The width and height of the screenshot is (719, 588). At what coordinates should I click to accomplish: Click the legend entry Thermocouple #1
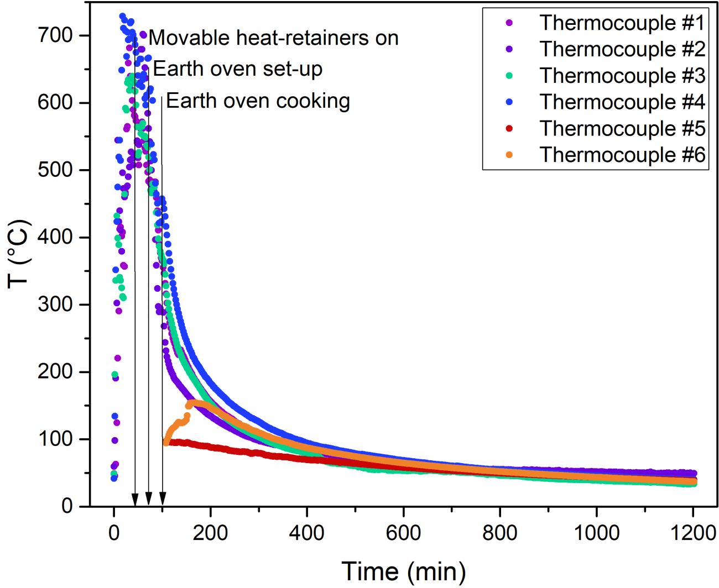coord(622,23)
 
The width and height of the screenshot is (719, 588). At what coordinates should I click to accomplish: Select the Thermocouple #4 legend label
coord(622,102)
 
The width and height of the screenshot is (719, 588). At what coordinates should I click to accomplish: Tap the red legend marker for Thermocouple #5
coord(509,129)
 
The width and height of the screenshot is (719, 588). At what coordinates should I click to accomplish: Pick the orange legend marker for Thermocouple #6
coord(509,155)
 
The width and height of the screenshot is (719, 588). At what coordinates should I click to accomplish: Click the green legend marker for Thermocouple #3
coord(509,76)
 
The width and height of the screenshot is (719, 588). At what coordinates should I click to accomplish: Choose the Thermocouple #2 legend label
coord(622,49)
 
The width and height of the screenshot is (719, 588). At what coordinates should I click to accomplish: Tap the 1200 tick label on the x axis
coord(693,535)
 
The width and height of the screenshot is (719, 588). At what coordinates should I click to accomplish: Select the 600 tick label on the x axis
coord(403,535)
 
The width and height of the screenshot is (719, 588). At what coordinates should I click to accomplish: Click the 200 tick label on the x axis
coord(210,535)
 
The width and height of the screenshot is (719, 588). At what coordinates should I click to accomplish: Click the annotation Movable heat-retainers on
coord(274,38)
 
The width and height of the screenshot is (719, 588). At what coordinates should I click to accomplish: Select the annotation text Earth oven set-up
coord(238,69)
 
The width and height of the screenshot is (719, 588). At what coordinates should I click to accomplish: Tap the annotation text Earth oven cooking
coord(258,101)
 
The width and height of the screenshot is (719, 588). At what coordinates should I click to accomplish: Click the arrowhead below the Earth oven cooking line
coord(162,499)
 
